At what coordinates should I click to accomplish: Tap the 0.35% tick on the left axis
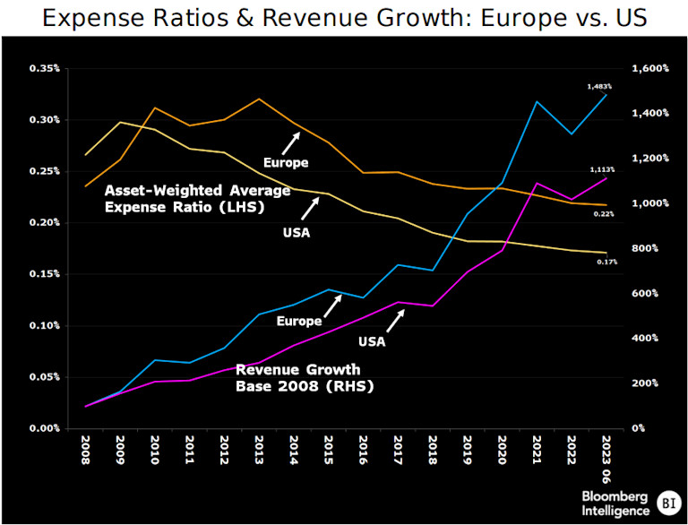point(43,68)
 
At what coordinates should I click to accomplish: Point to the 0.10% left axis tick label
point(43,325)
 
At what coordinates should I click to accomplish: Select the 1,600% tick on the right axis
point(649,68)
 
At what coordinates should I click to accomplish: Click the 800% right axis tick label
point(646,248)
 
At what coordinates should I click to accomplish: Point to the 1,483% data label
point(601,86)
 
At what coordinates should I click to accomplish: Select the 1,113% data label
point(601,169)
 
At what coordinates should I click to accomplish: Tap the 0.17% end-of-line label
point(607,262)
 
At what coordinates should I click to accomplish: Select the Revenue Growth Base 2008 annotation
point(297,378)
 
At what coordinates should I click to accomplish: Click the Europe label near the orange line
point(286,162)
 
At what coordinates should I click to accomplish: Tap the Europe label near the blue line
point(299,321)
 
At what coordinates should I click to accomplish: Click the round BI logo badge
point(666,503)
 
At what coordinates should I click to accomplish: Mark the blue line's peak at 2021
point(536,101)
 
